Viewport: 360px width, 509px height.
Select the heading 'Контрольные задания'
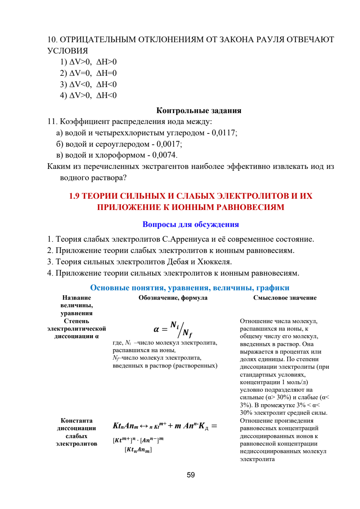[198, 110]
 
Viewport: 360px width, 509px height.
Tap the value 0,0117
[224, 132]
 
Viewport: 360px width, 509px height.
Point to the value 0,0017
[169, 144]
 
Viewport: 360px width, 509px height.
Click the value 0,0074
[165, 155]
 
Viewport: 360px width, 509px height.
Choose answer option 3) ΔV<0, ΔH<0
[88, 84]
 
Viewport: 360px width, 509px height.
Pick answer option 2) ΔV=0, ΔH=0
[88, 73]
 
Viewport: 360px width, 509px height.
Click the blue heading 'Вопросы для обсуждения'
[191, 224]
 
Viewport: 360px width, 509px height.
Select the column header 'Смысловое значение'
[285, 298]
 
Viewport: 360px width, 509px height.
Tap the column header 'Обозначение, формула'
[173, 298]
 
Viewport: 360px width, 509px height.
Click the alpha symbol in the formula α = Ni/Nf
[156, 329]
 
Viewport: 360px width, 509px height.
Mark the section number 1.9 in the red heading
[74, 196]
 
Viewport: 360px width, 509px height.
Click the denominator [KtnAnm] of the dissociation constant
[138, 450]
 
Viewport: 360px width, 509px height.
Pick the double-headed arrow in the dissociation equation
[144, 426]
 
